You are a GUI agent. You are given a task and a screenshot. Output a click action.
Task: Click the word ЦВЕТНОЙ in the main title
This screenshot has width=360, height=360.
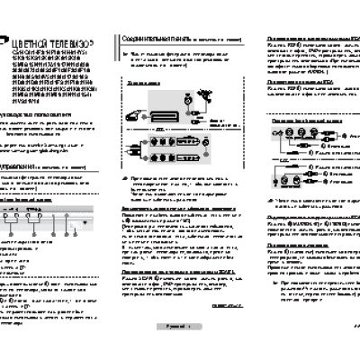(x=33, y=43)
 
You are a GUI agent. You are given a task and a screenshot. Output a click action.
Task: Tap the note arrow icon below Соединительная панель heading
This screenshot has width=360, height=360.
(x=123, y=56)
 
